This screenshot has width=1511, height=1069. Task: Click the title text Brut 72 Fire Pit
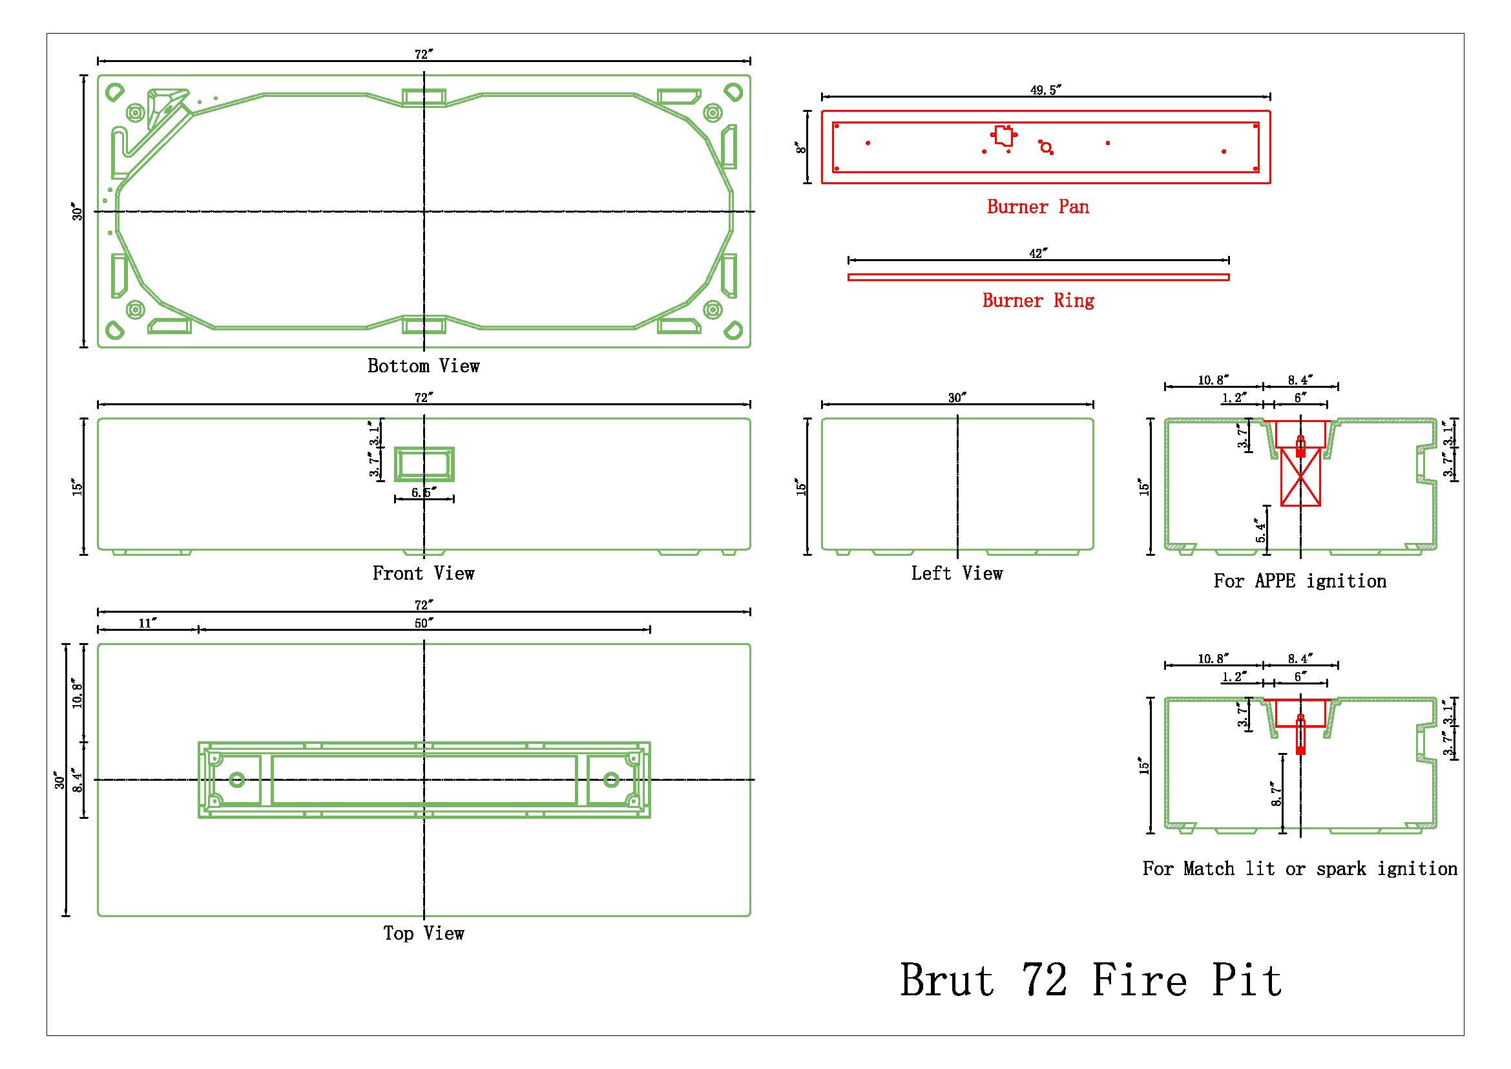[1090, 981]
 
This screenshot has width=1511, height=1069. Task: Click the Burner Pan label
[1038, 207]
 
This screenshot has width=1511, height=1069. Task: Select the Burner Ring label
[1038, 301]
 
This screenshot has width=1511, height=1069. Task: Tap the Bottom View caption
[423, 366]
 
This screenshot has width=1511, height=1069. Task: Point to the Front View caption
[423, 573]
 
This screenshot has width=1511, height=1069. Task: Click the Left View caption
[957, 573]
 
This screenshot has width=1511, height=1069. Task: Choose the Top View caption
[424, 933]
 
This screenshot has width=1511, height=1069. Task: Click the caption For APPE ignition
[1300, 581]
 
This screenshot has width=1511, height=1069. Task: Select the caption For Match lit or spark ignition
[1300, 869]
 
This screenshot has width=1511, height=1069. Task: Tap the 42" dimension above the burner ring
[1039, 253]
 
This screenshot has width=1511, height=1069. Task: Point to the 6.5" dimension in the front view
[424, 492]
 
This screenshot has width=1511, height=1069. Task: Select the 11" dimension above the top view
[147, 622]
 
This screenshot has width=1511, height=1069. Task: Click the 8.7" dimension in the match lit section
[1277, 794]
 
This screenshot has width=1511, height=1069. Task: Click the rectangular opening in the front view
[424, 464]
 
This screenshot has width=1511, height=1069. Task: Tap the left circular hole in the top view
[237, 780]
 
